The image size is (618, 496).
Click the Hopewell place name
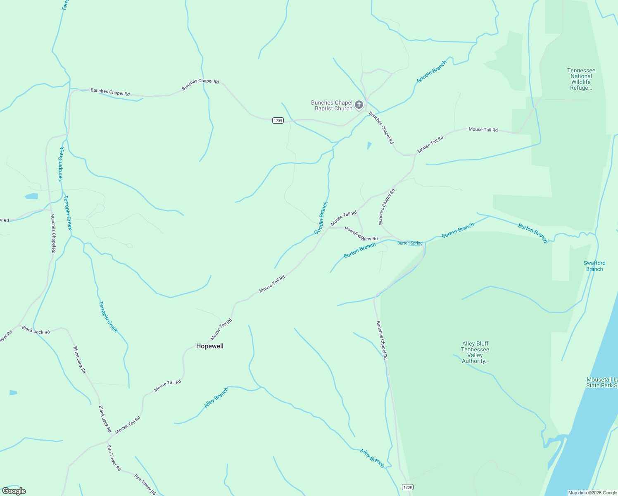210,346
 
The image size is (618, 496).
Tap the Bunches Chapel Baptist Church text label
332,105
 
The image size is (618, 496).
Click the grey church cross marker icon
359,105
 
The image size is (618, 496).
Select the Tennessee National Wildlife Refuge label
581,79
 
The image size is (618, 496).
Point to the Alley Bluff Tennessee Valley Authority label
475,352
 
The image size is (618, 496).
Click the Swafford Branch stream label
594,266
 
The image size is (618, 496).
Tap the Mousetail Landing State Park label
601,382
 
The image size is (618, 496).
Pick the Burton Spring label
410,243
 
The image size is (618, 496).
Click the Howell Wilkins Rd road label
361,234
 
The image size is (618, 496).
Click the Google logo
14,491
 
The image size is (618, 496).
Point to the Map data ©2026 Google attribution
592,493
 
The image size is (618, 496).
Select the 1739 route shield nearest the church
278,120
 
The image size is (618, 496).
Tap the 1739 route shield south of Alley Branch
407,487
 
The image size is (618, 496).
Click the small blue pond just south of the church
369,145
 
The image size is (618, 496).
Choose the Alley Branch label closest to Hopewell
216,398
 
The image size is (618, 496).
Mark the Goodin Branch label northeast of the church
432,72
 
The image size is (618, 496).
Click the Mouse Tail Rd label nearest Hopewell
221,329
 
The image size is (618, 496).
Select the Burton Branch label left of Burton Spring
359,250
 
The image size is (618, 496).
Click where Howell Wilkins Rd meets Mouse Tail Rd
329,227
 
